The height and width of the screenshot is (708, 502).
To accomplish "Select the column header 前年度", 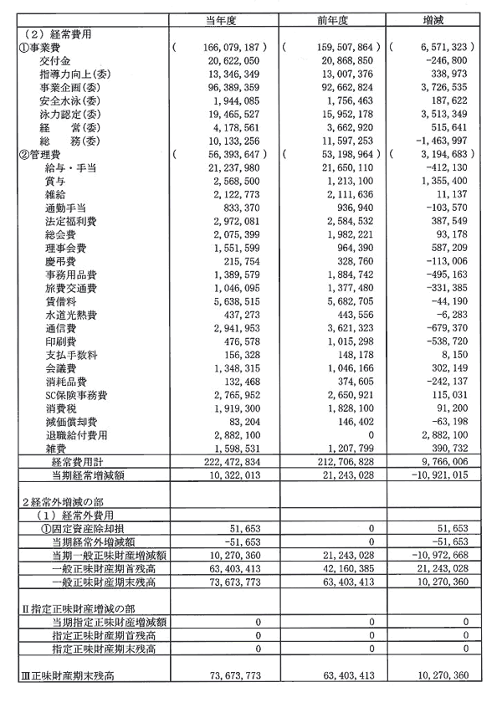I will pos(332,20).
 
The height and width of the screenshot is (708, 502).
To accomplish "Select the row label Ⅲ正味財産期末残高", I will pos(67,675).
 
